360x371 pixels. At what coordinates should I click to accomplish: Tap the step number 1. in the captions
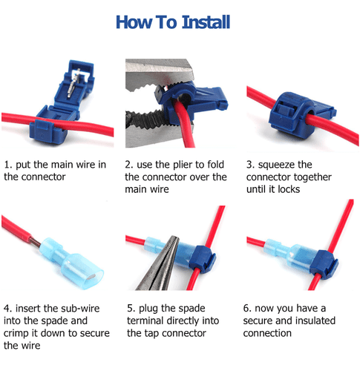8,163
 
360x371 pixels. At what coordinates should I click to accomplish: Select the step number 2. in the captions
129,163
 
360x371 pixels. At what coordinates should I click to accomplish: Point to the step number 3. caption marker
249,163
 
